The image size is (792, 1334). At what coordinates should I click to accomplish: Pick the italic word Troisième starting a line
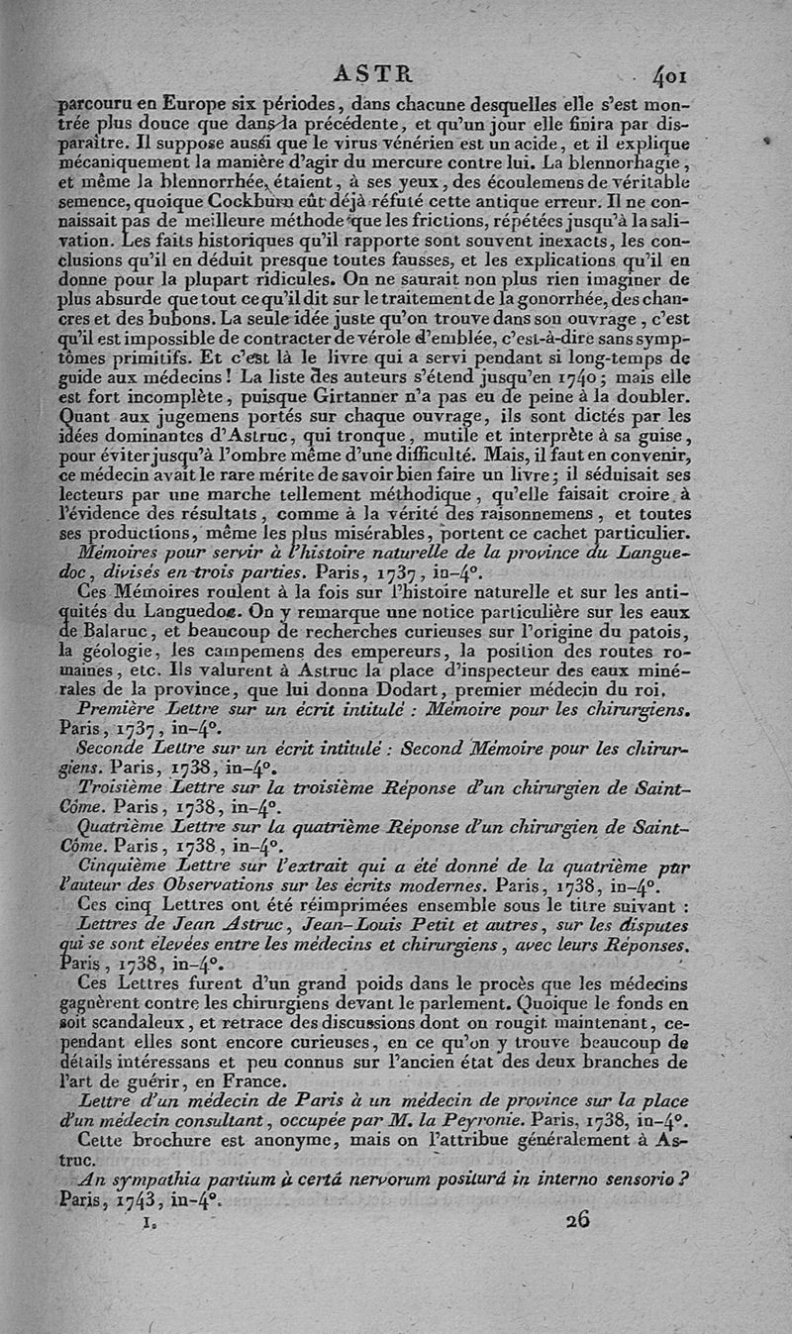123,785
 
